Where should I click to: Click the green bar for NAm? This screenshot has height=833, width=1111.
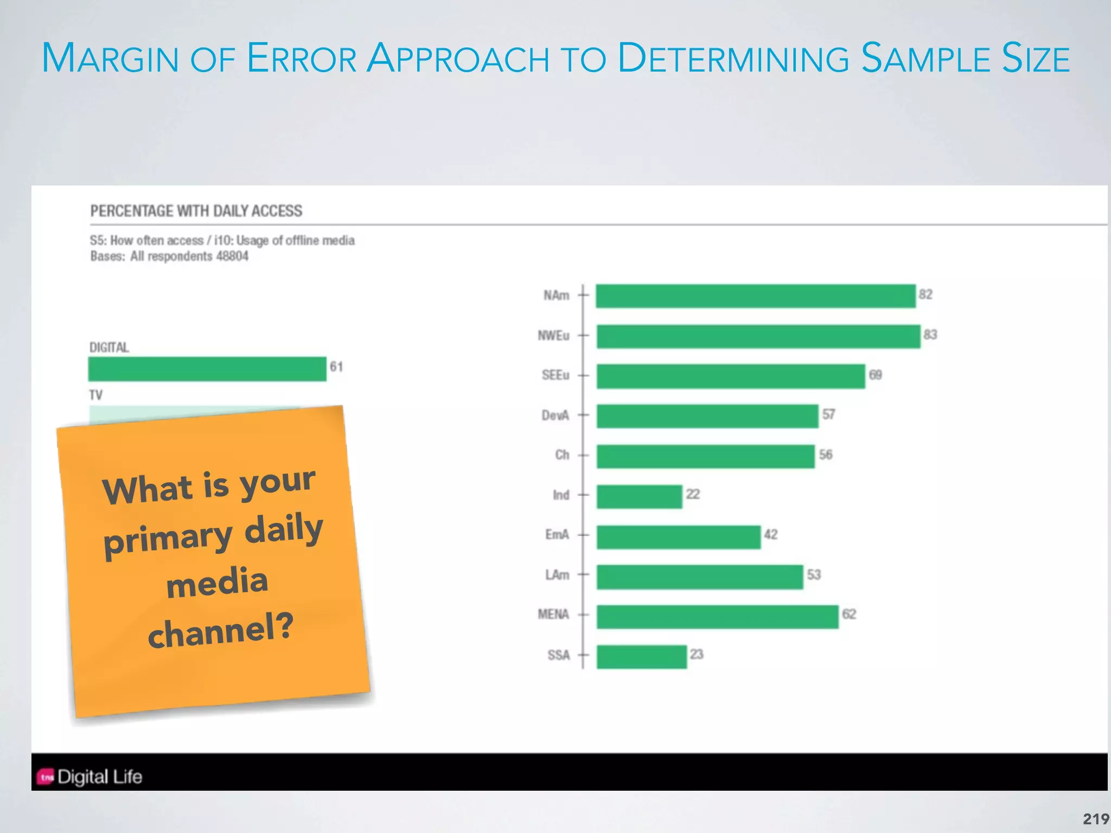(755, 296)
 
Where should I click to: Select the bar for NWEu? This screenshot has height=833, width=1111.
(758, 336)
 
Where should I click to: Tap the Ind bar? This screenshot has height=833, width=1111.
(639, 496)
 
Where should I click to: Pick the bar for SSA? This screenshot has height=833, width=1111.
(642, 657)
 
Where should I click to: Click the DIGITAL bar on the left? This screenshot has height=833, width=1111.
(207, 369)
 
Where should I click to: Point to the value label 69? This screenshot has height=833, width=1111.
(875, 375)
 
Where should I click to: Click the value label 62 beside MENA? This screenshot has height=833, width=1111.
(849, 614)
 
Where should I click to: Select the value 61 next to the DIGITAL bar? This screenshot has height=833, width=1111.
(336, 367)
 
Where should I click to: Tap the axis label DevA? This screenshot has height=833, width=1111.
(555, 415)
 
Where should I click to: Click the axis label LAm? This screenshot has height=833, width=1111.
(557, 575)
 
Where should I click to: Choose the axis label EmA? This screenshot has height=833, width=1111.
(557, 535)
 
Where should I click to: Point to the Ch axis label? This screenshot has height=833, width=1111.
(562, 455)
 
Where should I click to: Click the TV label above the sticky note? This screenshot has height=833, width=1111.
(96, 395)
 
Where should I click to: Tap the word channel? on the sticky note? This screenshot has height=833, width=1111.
(220, 631)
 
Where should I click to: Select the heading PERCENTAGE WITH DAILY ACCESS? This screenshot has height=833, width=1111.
(196, 211)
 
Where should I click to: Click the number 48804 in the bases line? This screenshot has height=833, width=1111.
(232, 256)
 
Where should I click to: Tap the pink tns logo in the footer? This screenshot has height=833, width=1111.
(46, 777)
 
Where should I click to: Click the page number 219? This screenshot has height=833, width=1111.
(1096, 818)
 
